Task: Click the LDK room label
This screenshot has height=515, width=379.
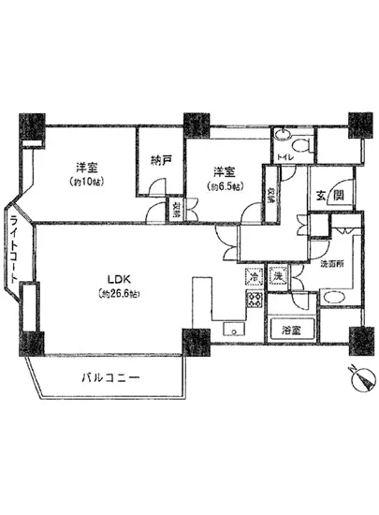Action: click(118, 278)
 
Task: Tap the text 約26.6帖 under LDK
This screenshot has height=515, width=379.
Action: click(118, 293)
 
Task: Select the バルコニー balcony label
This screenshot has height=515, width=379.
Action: click(109, 379)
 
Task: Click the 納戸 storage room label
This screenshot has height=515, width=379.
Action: click(160, 159)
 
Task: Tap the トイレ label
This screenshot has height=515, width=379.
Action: click(286, 157)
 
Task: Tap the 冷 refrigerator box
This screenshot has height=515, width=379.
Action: click(254, 276)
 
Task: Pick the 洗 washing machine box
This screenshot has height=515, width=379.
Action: click(278, 276)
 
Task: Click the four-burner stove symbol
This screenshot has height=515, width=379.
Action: click(254, 301)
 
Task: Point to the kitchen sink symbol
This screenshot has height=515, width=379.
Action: click(232, 328)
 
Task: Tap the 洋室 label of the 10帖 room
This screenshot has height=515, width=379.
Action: click(88, 169)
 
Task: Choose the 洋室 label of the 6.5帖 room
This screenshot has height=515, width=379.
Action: click(223, 170)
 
